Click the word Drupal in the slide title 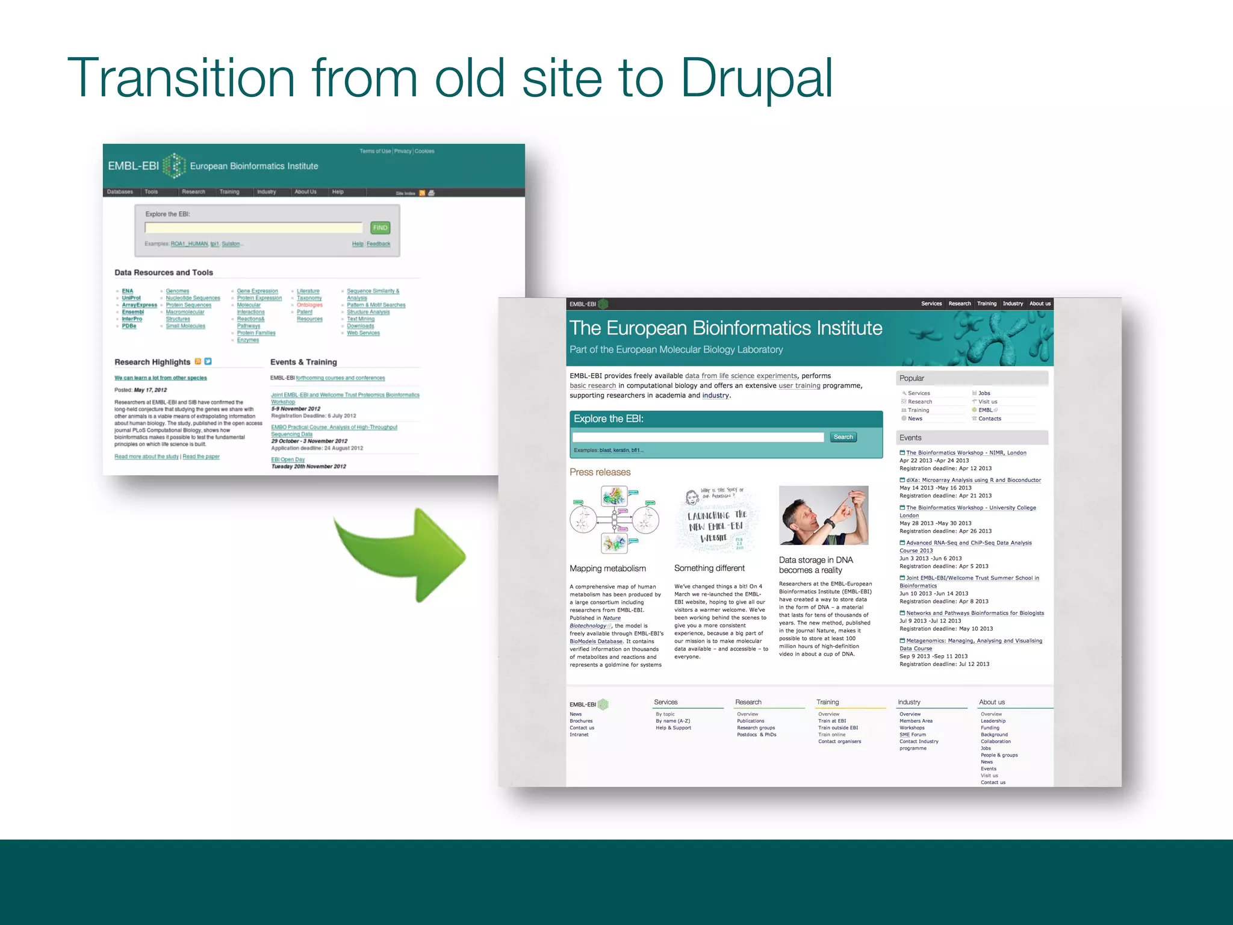pos(756,78)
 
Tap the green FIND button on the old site pos(380,228)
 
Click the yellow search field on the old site pos(253,228)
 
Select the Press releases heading pos(600,472)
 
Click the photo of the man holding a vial pos(823,515)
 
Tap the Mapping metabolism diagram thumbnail pos(614,520)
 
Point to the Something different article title pos(709,568)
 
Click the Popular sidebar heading pos(912,378)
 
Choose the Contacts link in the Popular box pos(989,419)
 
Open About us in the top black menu pos(1040,304)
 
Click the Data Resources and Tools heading pos(164,272)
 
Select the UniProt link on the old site pos(131,297)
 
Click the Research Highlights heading pos(152,362)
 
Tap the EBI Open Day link pos(288,459)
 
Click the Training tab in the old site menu pos(229,192)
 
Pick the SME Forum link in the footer pos(912,735)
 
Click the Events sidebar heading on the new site pos(910,438)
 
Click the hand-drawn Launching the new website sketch pos(716,520)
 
